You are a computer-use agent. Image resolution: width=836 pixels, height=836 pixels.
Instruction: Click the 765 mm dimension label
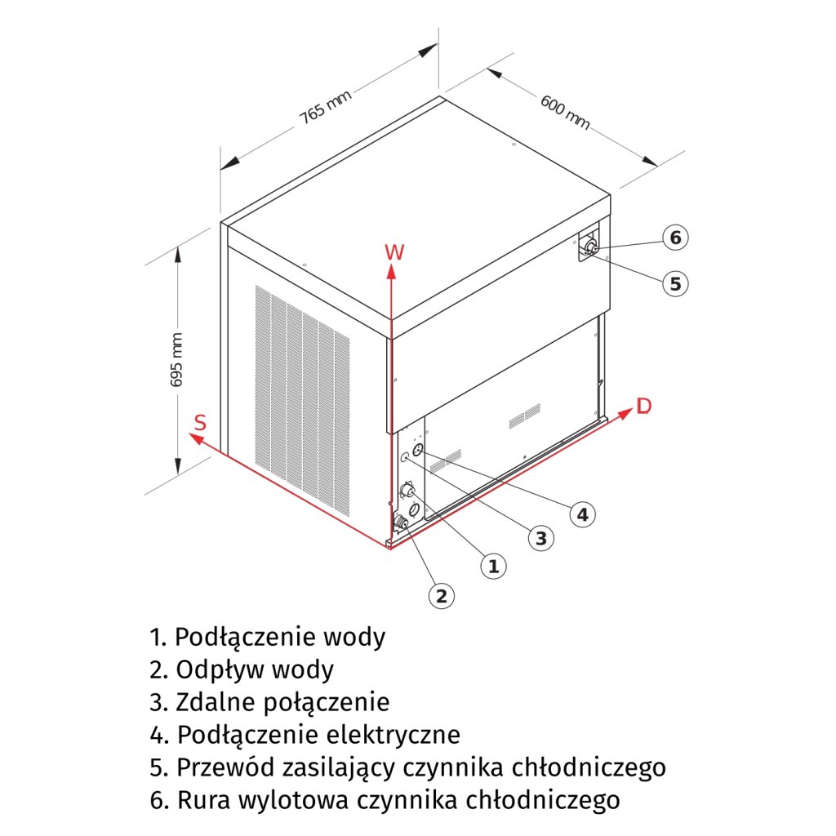tap(325, 107)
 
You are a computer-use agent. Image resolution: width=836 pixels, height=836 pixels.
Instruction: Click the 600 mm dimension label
tap(564, 111)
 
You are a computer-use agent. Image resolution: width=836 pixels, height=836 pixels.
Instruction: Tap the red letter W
tap(394, 252)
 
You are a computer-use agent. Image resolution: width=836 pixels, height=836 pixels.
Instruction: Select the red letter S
tap(199, 423)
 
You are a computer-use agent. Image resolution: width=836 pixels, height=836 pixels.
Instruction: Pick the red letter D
tap(644, 407)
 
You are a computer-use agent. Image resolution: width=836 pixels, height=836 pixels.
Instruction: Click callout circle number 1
tap(492, 565)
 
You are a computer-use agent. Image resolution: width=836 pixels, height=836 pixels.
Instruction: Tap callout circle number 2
tap(441, 595)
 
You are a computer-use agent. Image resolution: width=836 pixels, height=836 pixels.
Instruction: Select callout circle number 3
tap(540, 537)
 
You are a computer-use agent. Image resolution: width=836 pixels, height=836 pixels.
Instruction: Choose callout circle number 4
tap(581, 514)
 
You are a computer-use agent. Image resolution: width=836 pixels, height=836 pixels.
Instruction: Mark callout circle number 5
tap(675, 283)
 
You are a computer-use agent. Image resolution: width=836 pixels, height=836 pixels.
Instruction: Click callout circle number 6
tap(675, 238)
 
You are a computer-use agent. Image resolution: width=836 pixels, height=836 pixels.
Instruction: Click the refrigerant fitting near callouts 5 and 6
tap(590, 247)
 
